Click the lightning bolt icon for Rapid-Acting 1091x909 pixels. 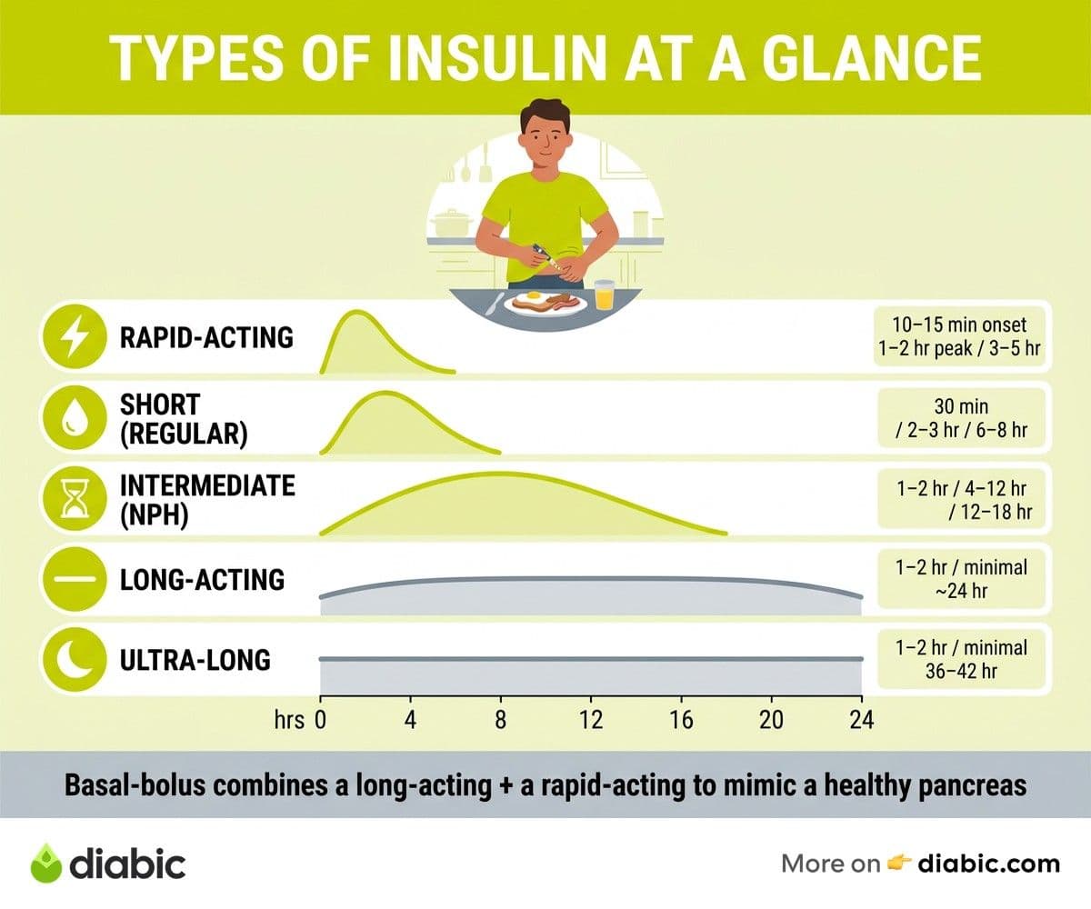point(75,337)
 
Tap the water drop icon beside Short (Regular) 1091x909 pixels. point(75,417)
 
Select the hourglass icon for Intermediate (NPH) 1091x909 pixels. point(75,498)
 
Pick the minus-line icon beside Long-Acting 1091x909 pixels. point(75,579)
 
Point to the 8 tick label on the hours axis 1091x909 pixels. point(501,720)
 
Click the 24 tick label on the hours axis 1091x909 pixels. point(862,720)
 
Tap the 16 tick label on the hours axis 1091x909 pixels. point(681,720)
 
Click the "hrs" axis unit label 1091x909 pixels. point(289,720)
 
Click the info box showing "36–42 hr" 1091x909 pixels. point(961,659)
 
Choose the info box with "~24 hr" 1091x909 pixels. point(961,579)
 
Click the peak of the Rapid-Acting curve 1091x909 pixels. point(357,312)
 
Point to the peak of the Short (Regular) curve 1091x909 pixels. point(385,393)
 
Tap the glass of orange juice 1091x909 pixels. point(605,295)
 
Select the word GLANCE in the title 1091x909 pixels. point(871,57)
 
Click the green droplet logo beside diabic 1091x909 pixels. point(46,863)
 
